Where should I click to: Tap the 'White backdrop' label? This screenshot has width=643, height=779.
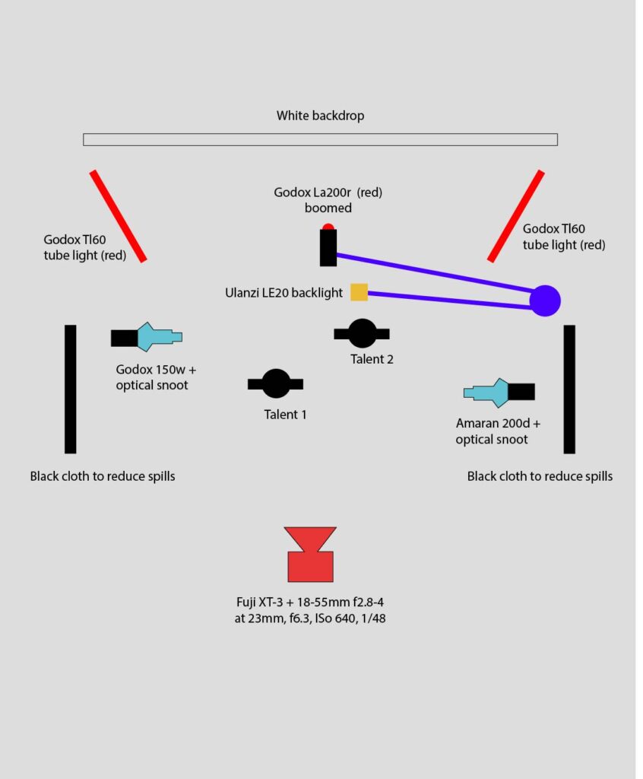pos(320,116)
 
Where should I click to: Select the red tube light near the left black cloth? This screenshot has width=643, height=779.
pos(118,216)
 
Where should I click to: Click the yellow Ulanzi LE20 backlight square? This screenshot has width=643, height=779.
pos(359,292)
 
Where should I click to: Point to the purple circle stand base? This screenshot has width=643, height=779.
pos(545,300)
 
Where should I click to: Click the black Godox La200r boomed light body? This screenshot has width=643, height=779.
pos(328,247)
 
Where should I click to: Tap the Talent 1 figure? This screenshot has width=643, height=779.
pos(276,383)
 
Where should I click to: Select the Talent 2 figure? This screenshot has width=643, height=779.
pos(362,333)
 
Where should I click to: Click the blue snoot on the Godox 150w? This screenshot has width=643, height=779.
pos(158,337)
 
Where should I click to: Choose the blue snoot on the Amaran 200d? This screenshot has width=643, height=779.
pos(486,393)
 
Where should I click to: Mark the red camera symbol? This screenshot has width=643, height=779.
pos(310,555)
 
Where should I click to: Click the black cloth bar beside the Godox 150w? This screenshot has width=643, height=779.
pos(71,389)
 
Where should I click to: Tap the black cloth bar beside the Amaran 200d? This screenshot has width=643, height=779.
pos(569,389)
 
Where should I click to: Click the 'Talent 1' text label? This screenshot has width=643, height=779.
pos(285,415)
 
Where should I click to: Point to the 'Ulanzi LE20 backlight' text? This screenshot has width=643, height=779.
pos(283,293)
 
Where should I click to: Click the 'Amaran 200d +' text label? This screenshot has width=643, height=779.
pos(498,423)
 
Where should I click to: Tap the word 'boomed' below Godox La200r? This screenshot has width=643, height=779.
pos(328,208)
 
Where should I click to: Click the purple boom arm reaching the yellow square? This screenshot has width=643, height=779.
pos(449,300)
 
